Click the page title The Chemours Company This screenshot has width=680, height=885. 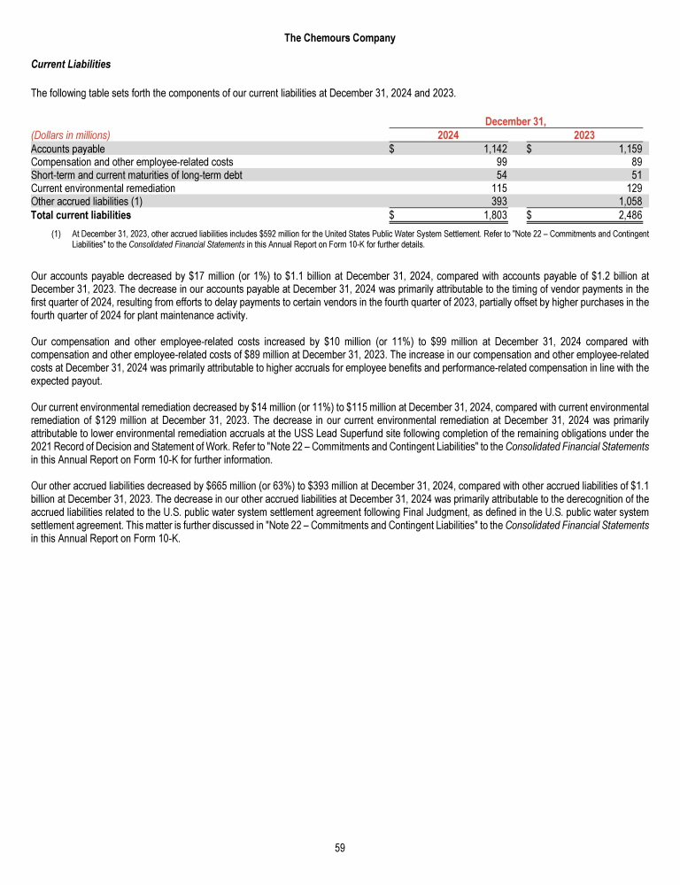[x=340, y=38]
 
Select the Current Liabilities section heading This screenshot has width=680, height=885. [x=71, y=65]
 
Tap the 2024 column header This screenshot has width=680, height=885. [x=449, y=135]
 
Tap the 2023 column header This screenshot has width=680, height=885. [x=584, y=135]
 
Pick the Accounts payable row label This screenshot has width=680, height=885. [x=67, y=149]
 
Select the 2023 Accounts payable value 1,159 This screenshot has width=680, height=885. [x=628, y=149]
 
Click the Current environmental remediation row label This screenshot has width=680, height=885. [x=103, y=189]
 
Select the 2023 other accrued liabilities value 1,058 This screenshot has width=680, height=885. [x=628, y=202]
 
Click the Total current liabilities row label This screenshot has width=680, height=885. [x=81, y=215]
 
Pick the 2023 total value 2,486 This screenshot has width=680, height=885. [x=628, y=215]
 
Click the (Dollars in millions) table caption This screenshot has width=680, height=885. [x=70, y=135]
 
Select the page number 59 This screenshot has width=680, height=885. [x=340, y=848]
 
